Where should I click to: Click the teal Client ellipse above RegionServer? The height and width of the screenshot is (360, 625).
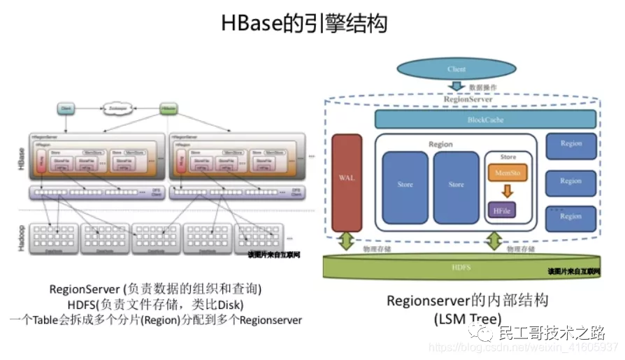pos(456,69)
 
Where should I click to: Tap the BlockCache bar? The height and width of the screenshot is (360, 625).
pos(485,120)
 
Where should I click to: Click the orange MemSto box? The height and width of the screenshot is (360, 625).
pos(508,173)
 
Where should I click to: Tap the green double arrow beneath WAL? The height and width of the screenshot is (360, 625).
pos(347,242)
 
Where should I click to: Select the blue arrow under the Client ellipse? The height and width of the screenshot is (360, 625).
pos(456,87)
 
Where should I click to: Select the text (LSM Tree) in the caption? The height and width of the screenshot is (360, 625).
pos(468,319)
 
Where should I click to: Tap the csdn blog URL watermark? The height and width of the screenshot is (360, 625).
pos(524,347)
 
